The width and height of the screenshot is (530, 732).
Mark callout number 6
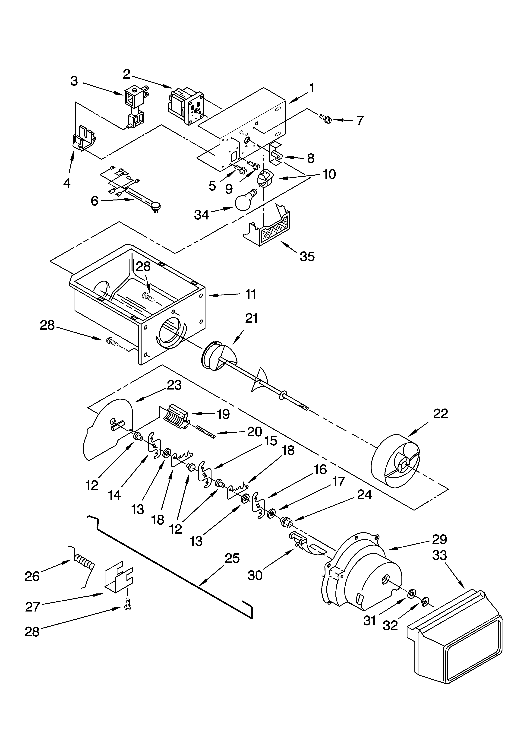[x=94, y=201]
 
